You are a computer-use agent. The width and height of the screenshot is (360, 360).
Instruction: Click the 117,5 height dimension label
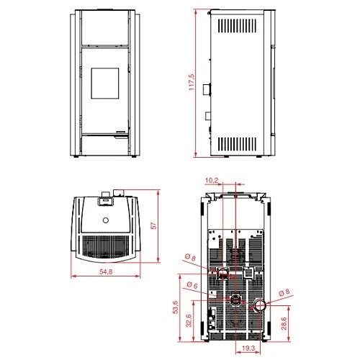click(192, 82)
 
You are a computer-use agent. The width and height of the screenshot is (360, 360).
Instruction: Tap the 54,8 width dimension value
click(106, 271)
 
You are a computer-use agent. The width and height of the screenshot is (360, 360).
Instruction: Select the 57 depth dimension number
click(153, 225)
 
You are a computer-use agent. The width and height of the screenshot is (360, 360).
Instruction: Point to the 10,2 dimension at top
click(212, 180)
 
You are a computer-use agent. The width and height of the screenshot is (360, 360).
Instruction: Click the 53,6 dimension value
click(176, 307)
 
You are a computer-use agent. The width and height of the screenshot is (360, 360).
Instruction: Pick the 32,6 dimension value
click(189, 320)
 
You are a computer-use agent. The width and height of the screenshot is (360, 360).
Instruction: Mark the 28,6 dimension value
click(284, 323)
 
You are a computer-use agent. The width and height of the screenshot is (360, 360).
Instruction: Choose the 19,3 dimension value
click(248, 348)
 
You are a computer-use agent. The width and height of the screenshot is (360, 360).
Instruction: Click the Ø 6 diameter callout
click(192, 285)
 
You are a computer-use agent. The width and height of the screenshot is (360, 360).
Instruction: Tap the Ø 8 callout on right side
click(284, 292)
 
